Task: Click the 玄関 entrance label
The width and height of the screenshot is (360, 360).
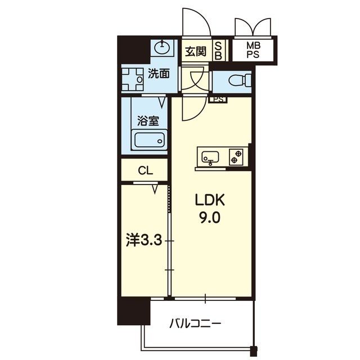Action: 196,52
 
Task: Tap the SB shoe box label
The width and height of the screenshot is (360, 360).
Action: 218,52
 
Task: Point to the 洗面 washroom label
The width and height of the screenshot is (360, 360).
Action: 159,73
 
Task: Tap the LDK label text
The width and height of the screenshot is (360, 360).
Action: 211,200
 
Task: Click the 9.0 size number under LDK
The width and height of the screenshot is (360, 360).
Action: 211,217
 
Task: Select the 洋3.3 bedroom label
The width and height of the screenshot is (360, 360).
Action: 143,241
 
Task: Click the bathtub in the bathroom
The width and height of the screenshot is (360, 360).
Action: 148,139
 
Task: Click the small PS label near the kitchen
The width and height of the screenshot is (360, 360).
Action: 218,100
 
